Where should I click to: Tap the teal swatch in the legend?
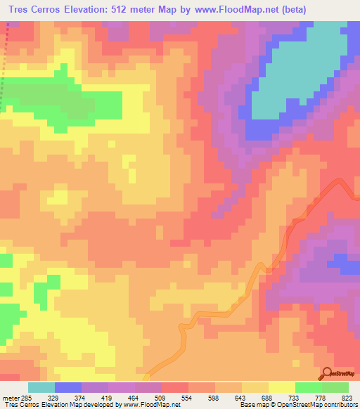pos(41,387)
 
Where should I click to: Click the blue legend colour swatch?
pos(67,387)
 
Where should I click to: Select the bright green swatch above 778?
pos(308,387)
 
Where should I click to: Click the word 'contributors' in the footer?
pos(338,405)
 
